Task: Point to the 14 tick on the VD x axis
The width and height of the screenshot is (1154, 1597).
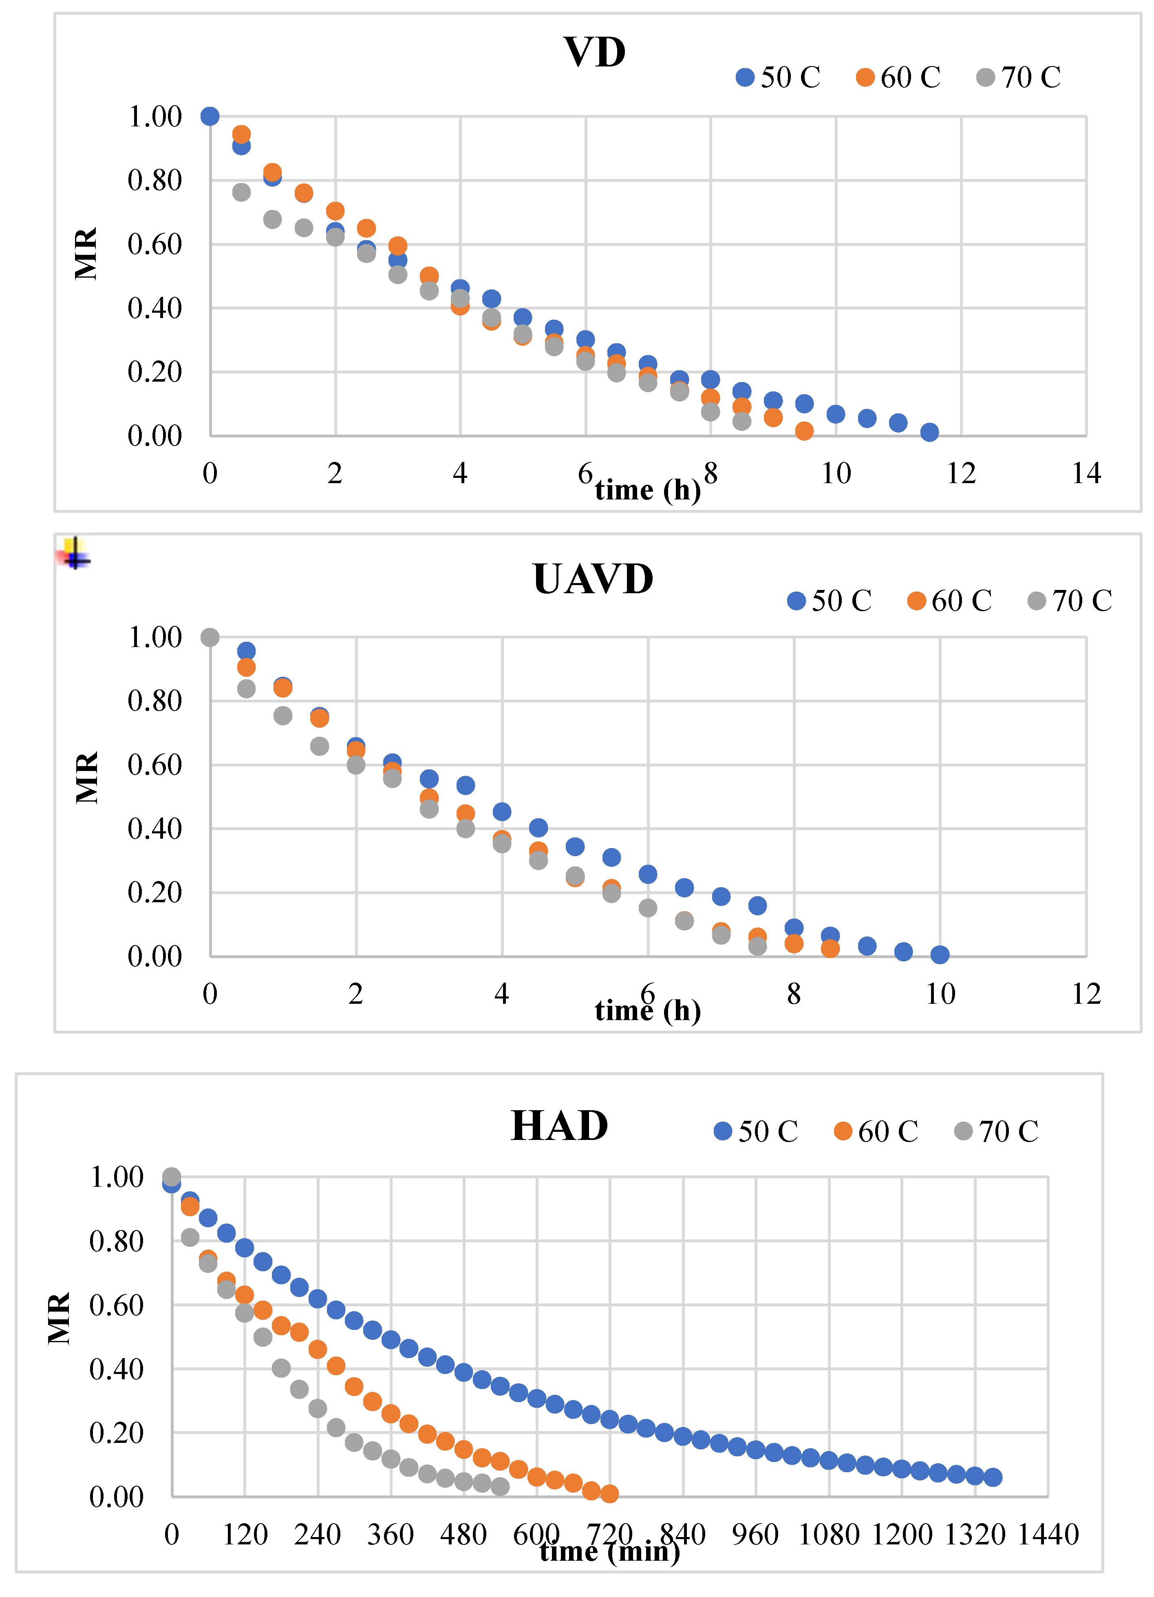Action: [1086, 473]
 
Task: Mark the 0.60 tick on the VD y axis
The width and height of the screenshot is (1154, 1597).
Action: [154, 244]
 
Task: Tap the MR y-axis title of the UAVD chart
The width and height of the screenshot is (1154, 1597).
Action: [86, 778]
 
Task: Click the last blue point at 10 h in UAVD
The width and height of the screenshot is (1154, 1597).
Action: [939, 954]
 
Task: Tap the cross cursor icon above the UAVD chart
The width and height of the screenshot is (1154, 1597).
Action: [74, 553]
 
